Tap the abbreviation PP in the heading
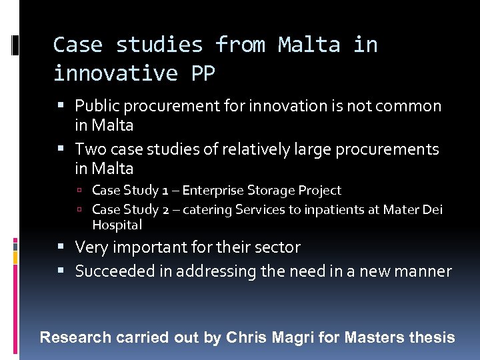203,73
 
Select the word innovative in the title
115,73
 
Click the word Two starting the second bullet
89,149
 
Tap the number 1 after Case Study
171,191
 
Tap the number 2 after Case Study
171,210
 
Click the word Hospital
117,225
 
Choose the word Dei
432,210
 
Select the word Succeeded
108,271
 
